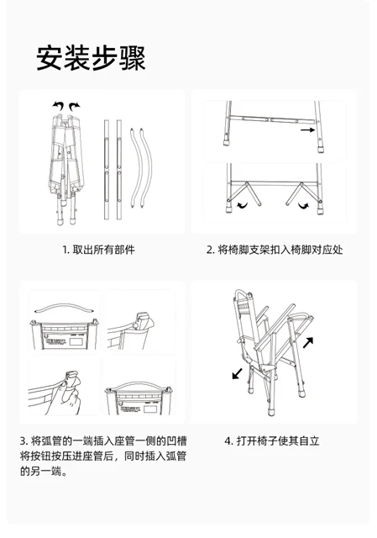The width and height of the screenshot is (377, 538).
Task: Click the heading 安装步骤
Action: coord(92,58)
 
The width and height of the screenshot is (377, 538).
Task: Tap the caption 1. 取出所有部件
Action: coord(98,250)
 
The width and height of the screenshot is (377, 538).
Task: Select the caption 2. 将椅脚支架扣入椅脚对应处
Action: coord(275,250)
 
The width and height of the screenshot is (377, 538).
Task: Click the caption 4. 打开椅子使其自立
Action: coord(272,440)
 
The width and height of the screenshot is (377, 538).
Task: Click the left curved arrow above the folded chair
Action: coord(58,106)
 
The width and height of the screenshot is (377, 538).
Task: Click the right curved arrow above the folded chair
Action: coord(74,106)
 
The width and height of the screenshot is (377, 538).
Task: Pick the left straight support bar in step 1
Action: coord(107,170)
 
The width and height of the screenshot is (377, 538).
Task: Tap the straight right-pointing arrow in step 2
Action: coord(307,130)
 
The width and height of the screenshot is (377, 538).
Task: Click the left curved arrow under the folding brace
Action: coord(243,205)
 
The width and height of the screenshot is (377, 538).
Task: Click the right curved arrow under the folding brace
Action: coord(303,205)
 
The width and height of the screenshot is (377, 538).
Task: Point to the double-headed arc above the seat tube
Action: coord(64,307)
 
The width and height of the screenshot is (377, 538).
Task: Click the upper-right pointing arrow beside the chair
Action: coord(308,342)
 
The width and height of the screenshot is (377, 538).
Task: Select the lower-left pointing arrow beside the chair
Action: coord(237,373)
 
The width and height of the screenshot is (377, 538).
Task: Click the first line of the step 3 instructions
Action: coord(103,440)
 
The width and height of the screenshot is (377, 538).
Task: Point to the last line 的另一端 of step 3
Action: coord(44,471)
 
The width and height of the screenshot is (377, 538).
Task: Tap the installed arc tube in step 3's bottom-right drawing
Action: coord(138,385)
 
